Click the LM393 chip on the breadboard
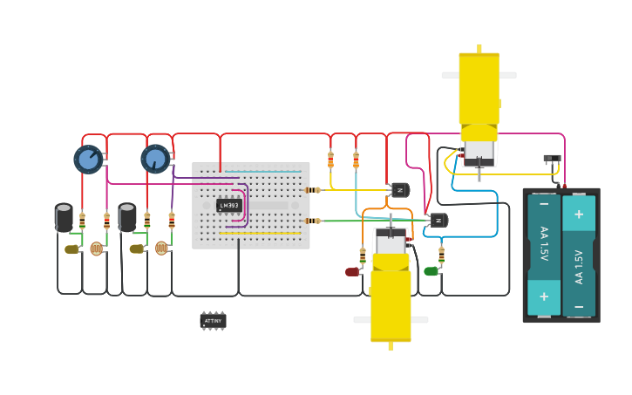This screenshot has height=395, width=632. point(229,206)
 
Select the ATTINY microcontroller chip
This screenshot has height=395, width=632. point(213,321)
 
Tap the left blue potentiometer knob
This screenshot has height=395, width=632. point(88,159)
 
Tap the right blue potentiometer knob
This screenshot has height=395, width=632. point(155,159)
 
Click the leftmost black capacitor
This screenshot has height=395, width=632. point(64,217)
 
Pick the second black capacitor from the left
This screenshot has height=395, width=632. point(127,217)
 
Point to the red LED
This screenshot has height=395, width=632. point(352,272)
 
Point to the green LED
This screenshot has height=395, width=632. point(431,271)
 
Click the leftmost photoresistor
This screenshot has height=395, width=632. point(96,249)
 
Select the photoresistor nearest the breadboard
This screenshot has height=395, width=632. point(161,248)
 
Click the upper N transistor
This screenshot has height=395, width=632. point(400,190)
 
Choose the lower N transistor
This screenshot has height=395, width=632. point(438,221)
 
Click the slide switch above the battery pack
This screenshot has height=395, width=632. point(552,159)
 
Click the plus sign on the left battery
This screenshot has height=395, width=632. point(544,296)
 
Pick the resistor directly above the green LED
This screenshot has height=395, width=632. point(441,254)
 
